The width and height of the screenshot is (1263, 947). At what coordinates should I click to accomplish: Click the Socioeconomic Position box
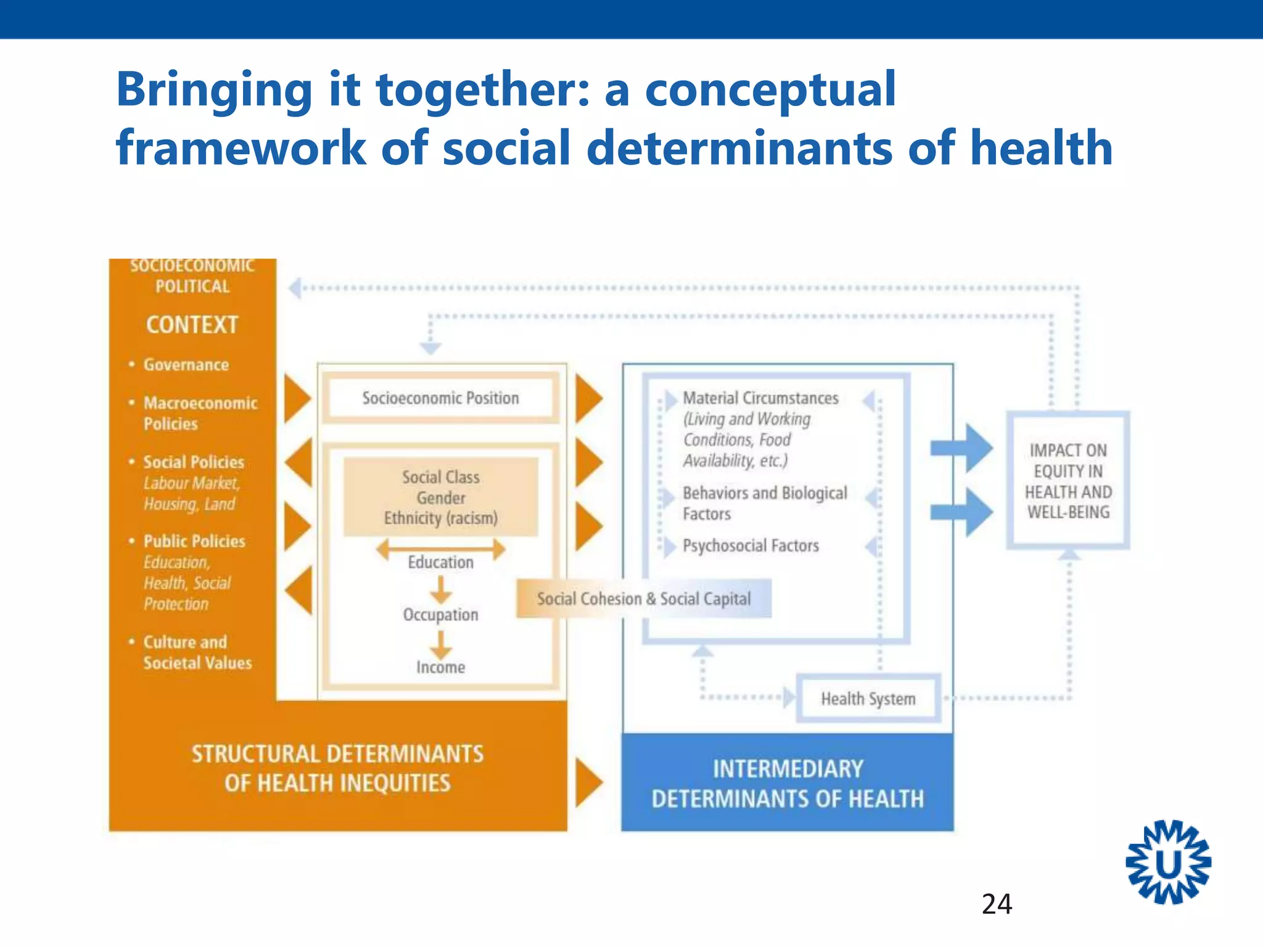pyautogui.click(x=440, y=398)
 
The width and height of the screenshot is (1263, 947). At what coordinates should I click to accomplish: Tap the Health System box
pyautogui.click(x=868, y=699)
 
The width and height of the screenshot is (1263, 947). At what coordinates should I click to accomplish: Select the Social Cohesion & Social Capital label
pyautogui.click(x=643, y=599)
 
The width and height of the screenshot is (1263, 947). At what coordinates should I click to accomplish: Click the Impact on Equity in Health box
pyautogui.click(x=1068, y=481)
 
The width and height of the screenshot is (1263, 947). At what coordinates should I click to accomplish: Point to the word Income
pyautogui.click(x=440, y=667)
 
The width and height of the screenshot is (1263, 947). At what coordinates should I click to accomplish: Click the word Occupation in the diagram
pyautogui.click(x=440, y=615)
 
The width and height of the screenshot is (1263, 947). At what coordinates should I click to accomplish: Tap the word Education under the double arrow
pyautogui.click(x=440, y=562)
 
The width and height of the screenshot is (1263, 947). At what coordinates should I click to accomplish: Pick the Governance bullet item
pyautogui.click(x=186, y=365)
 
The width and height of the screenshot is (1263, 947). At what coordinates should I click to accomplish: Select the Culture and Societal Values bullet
pyautogui.click(x=197, y=652)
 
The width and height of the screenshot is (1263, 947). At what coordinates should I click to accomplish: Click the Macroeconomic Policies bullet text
pyautogui.click(x=200, y=413)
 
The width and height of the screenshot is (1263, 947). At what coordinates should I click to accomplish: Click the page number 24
pyautogui.click(x=997, y=904)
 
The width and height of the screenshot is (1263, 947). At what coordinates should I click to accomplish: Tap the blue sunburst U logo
pyautogui.click(x=1168, y=863)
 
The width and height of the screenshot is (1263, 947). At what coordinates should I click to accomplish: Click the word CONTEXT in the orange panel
pyautogui.click(x=192, y=325)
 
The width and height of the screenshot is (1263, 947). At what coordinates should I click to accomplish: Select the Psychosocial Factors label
pyautogui.click(x=751, y=546)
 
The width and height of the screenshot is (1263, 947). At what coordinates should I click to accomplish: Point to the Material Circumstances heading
pyautogui.click(x=760, y=398)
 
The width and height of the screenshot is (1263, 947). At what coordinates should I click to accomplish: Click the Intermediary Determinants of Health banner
pyautogui.click(x=788, y=784)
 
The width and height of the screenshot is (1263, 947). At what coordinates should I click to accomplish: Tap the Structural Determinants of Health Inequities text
pyautogui.click(x=337, y=768)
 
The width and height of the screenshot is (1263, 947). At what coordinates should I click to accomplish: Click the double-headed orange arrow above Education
pyautogui.click(x=440, y=548)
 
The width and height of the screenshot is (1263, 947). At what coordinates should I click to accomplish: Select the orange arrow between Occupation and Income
pyautogui.click(x=440, y=644)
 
